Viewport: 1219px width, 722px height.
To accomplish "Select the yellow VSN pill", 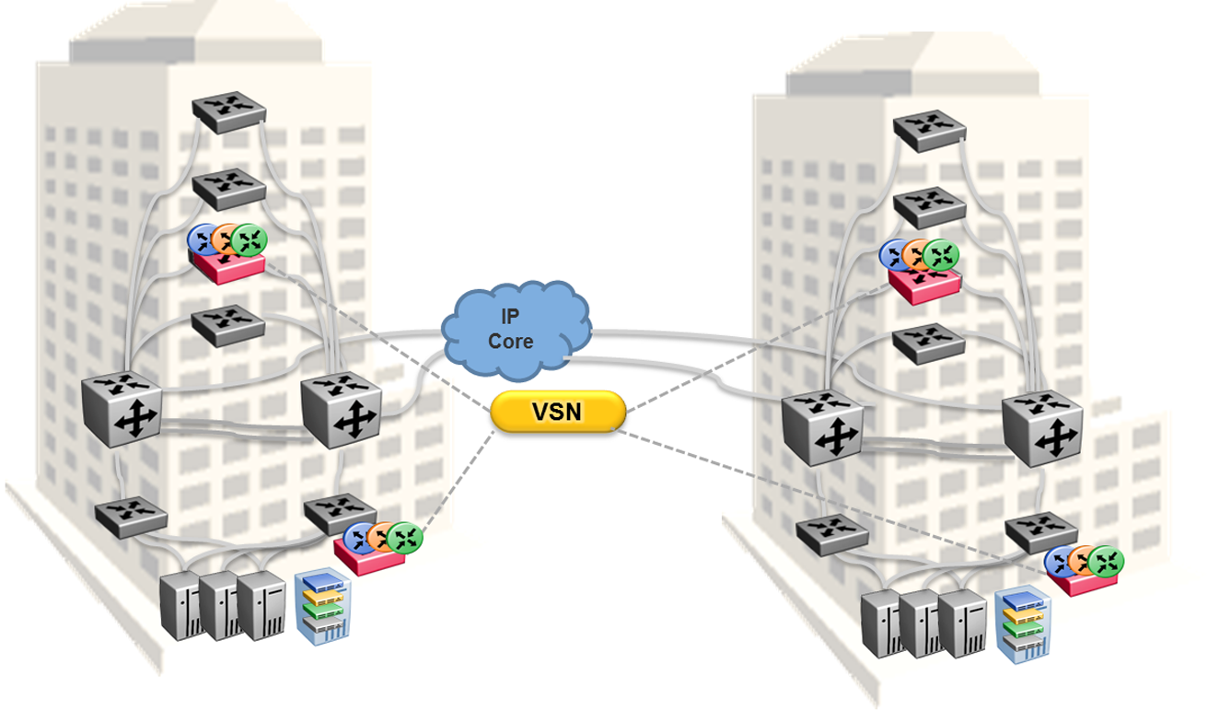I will point(558,412).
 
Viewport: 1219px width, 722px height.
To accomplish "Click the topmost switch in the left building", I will point(228,109).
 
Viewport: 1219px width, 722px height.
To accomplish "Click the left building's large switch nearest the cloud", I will point(342,409).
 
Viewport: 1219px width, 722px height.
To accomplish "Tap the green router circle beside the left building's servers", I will point(404,538).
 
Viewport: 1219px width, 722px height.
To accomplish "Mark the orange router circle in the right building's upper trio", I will point(917,254).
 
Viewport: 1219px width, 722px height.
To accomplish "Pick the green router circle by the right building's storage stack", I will point(1107,560).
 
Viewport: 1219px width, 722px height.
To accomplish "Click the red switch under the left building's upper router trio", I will point(229,266).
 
